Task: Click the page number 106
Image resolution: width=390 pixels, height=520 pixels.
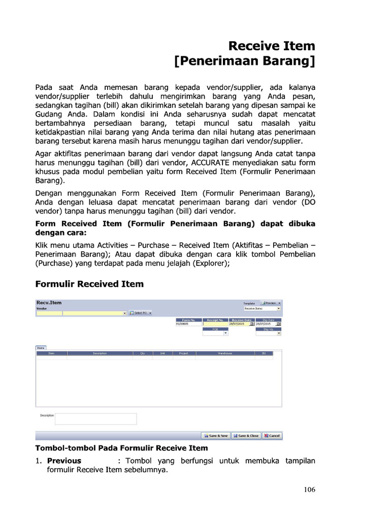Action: coord(309,490)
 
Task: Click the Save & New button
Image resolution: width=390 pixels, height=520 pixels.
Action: coord(216,436)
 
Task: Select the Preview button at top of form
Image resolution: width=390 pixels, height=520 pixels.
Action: coord(271,303)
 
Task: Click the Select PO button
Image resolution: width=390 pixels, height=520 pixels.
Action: coord(140,313)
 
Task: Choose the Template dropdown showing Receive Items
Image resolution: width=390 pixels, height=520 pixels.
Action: coord(262,308)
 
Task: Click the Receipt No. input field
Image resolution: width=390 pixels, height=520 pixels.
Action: coord(216,324)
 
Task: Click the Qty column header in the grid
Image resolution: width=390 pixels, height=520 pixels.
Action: coord(142,353)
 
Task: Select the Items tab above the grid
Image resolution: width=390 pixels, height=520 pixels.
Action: coord(40,348)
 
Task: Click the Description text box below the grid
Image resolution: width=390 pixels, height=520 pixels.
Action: coord(95,419)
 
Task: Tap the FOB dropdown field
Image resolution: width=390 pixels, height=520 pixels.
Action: coord(216,333)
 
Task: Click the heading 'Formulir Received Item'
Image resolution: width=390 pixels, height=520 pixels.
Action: coord(89,284)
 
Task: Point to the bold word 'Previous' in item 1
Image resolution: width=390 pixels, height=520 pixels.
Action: coord(64,461)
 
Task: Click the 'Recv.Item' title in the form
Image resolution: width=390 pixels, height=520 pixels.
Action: coord(49,303)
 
